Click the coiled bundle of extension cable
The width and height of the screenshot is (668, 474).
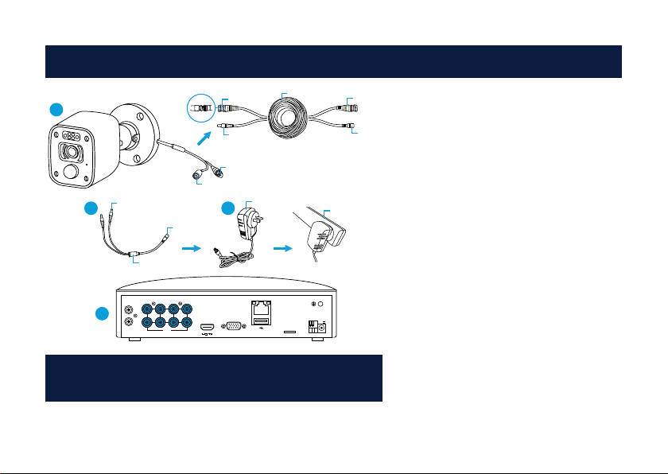pos(295,116)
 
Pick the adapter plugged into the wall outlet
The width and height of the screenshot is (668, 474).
pos(321,235)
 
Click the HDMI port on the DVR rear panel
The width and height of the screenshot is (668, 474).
pos(206,326)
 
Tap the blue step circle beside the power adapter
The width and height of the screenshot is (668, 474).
pos(228,210)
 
